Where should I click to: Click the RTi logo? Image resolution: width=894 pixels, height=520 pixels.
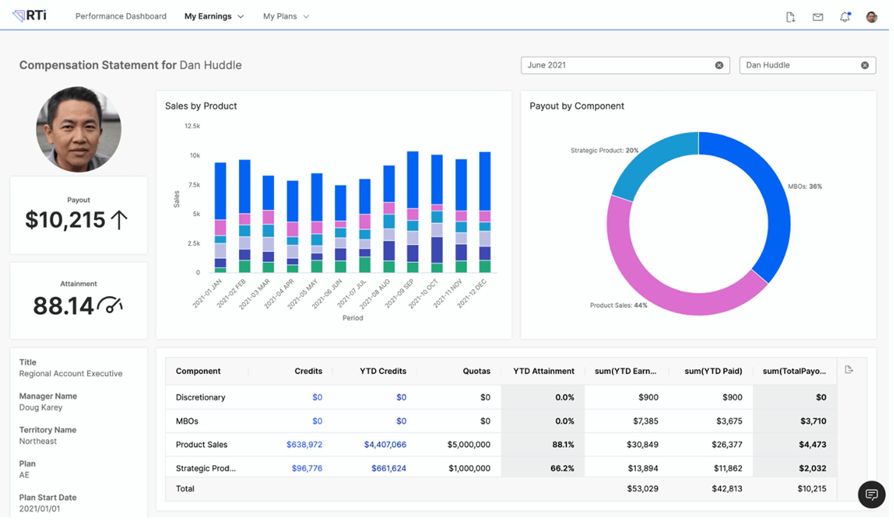[x=30, y=16]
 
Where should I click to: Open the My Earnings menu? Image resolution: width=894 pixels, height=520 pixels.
[x=214, y=16]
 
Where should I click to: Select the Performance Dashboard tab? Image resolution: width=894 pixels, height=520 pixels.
[x=121, y=16]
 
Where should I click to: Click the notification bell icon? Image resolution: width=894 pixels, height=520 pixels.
[x=845, y=17]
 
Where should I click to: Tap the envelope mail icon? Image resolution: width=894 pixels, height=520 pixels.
[x=818, y=17]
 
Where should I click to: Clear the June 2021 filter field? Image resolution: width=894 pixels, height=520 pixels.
[x=719, y=65]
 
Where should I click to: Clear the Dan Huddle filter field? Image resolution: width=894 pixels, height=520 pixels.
[x=865, y=65]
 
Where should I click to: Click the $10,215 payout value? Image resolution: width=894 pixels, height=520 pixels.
[x=66, y=220]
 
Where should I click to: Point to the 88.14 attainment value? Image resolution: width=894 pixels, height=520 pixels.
[x=64, y=306]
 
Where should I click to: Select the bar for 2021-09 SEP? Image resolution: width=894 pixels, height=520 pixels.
[x=413, y=212]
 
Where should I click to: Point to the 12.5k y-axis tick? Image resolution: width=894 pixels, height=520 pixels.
[x=192, y=126]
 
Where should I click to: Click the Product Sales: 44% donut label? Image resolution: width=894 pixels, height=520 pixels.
[x=618, y=305]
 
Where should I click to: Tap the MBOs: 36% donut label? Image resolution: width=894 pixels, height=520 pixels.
[x=805, y=186]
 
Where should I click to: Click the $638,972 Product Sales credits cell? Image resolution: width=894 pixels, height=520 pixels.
[x=304, y=445]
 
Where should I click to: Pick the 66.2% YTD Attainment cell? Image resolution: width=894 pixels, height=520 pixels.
[x=562, y=468]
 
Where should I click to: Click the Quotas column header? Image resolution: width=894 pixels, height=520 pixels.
[x=476, y=371]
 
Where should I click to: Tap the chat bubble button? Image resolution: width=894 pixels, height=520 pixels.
[x=871, y=494]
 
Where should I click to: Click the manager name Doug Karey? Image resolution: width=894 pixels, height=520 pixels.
[x=41, y=407]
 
